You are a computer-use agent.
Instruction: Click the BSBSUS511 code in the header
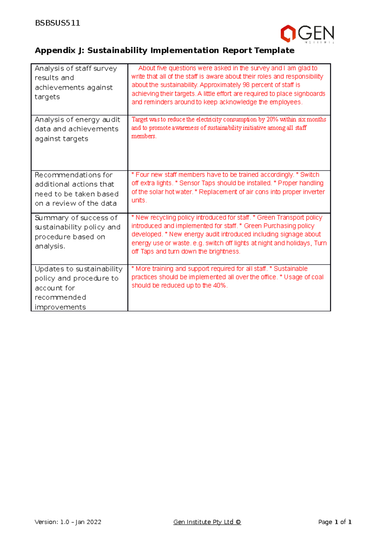pyautogui.click(x=58, y=23)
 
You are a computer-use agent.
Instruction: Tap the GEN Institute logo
pyautogui.click(x=307, y=34)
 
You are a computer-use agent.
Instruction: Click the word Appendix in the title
pyautogui.click(x=55, y=51)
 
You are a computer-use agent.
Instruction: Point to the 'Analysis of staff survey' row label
pyautogui.click(x=76, y=69)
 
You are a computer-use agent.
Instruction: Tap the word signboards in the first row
pyautogui.click(x=310, y=94)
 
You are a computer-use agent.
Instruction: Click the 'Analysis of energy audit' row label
pyautogui.click(x=77, y=120)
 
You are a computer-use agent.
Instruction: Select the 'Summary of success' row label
pyautogui.click(x=76, y=218)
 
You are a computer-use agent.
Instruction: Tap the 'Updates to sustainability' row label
pyautogui.click(x=78, y=269)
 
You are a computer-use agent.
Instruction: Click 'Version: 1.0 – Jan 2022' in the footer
pyautogui.click(x=68, y=522)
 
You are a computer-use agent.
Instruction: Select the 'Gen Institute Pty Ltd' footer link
pyautogui.click(x=207, y=522)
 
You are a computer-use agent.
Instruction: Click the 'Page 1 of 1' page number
pyautogui.click(x=335, y=522)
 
